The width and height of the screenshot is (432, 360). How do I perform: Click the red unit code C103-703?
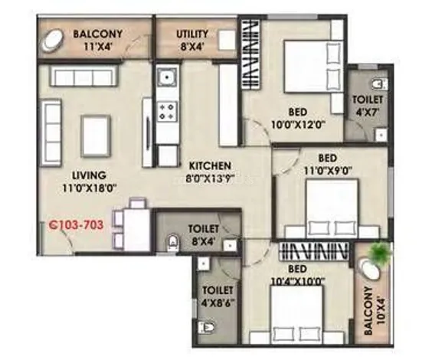[76, 224]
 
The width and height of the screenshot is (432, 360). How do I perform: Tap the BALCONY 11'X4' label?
[97, 40]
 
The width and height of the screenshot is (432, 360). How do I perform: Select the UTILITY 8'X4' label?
[192, 41]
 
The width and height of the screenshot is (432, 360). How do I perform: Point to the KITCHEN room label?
[210, 165]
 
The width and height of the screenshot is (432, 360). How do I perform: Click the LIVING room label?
[89, 175]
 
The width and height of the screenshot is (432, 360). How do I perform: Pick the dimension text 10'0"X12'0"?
[299, 125]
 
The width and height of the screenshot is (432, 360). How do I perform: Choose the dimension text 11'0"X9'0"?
[328, 171]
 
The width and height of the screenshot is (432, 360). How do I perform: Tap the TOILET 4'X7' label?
[368, 106]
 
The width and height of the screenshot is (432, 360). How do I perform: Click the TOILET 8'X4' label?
[203, 234]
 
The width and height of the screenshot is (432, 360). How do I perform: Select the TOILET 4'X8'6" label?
[218, 296]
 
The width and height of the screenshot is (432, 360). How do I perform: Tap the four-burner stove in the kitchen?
[167, 112]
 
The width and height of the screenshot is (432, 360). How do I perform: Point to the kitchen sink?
[167, 76]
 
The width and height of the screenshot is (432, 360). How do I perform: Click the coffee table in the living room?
[95, 136]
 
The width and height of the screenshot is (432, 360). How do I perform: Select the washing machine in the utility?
[227, 41]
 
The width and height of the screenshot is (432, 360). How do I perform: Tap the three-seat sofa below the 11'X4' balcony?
[83, 75]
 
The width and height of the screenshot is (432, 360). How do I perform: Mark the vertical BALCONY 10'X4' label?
[374, 311]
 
